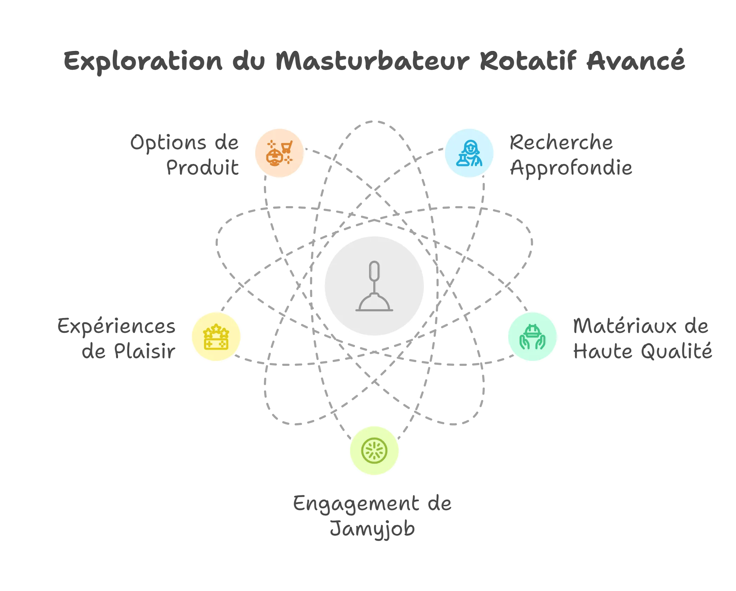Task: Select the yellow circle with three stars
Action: (x=216, y=337)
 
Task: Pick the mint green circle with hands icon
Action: (x=532, y=337)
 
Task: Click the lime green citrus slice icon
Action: (x=374, y=451)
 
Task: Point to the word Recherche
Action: (x=561, y=142)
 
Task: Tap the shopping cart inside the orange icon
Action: (x=287, y=146)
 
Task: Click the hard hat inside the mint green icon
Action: (x=532, y=331)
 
